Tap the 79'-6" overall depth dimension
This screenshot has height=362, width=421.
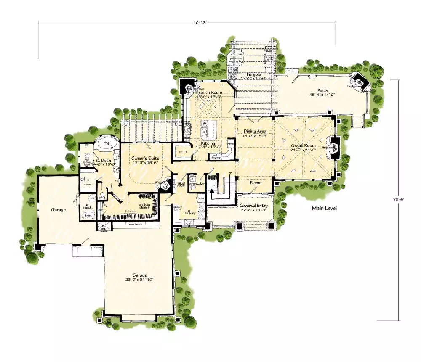point(401,200)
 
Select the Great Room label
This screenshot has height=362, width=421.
point(304,145)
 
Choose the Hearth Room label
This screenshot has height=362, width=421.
point(209,92)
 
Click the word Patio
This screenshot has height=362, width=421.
point(322,90)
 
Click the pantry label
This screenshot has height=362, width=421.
point(182,151)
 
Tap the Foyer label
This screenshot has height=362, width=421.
point(255,183)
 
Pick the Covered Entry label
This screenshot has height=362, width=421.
point(254,206)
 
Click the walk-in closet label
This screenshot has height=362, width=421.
point(144,206)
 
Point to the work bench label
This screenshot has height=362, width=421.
point(135,224)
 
